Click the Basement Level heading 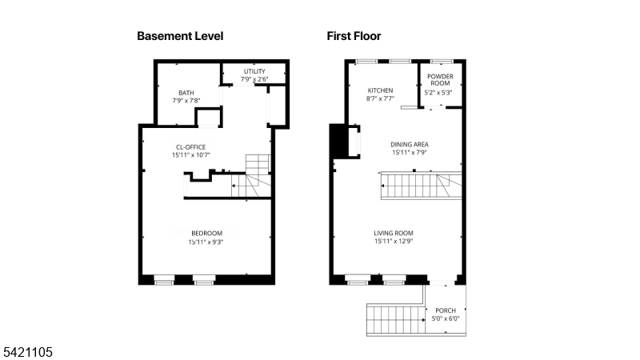pyautogui.click(x=180, y=36)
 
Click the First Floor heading pyautogui.click(x=354, y=36)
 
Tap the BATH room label pyautogui.click(x=186, y=93)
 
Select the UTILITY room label pyautogui.click(x=254, y=71)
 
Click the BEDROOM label pyautogui.click(x=206, y=233)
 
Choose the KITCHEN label pyautogui.click(x=381, y=90)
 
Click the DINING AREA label pyautogui.click(x=410, y=144)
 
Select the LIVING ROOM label pyautogui.click(x=398, y=233)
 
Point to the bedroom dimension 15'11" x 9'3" pyautogui.click(x=206, y=242)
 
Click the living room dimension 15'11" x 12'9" pyautogui.click(x=398, y=242)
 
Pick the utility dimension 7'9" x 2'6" pyautogui.click(x=254, y=79)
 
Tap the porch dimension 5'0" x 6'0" pyautogui.click(x=446, y=318)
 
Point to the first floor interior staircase pyautogui.click(x=421, y=187)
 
